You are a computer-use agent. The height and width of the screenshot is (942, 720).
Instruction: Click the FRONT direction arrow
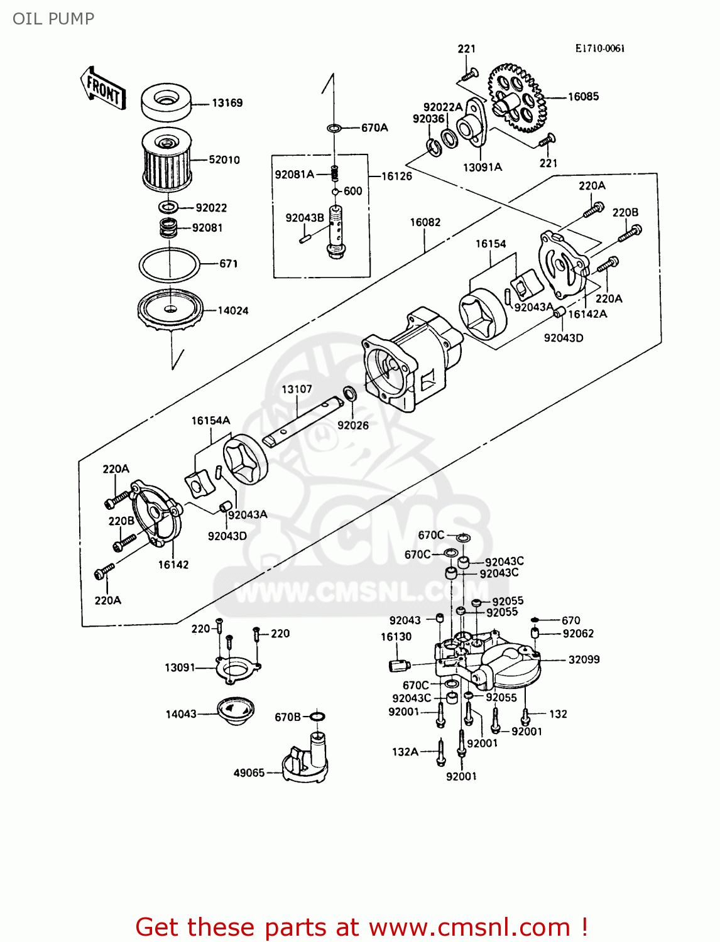click(x=103, y=89)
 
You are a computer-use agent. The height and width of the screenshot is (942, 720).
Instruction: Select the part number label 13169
click(x=227, y=103)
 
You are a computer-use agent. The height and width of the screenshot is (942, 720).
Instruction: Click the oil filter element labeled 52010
click(x=166, y=160)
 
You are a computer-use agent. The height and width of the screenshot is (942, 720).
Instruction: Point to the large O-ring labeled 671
click(x=169, y=264)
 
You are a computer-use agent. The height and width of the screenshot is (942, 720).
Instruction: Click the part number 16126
click(x=396, y=176)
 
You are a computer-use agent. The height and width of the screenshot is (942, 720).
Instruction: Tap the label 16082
click(x=425, y=222)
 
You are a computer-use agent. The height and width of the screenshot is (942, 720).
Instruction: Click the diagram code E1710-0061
click(x=599, y=48)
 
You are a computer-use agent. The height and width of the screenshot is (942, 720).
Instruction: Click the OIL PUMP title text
click(x=53, y=19)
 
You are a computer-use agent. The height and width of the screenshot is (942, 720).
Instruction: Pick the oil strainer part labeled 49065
click(x=306, y=761)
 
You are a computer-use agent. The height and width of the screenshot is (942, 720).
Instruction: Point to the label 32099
click(x=584, y=659)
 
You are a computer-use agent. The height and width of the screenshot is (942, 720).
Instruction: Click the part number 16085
click(x=583, y=97)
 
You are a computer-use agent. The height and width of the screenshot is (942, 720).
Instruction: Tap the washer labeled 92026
click(x=350, y=394)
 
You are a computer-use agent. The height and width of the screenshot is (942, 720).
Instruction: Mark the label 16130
click(x=396, y=637)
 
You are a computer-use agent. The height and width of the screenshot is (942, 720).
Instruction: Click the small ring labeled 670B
click(x=317, y=717)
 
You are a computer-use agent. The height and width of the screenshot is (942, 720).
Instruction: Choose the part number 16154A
click(x=210, y=421)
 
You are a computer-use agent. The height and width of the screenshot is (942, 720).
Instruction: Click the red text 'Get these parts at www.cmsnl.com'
click(x=361, y=927)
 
